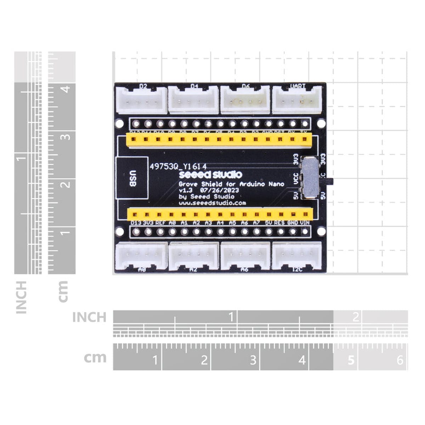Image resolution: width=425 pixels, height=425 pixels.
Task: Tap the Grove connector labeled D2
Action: pyautogui.click(x=141, y=101)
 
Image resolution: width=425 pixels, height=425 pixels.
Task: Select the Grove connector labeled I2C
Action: pyautogui.click(x=297, y=256)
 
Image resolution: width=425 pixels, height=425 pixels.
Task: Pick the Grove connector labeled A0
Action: pyautogui.click(x=141, y=256)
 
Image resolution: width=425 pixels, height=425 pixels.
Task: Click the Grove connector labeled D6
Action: pyautogui.click(x=245, y=101)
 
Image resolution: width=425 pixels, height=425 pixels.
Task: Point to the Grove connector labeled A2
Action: pyautogui.click(x=193, y=256)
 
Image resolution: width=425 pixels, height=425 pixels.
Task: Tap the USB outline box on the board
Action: pyautogui.click(x=132, y=178)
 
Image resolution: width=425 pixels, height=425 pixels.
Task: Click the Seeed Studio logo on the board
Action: pyautogui.click(x=210, y=175)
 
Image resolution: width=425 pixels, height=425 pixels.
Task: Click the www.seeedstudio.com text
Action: pyautogui.click(x=212, y=203)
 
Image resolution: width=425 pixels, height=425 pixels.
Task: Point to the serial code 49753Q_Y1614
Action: pyautogui.click(x=178, y=166)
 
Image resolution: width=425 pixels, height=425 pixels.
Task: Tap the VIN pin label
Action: pyautogui.click(x=305, y=223)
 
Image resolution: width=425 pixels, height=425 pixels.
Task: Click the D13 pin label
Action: pyautogui.click(x=136, y=223)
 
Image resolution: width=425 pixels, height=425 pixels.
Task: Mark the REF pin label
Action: pyautogui.click(x=160, y=223)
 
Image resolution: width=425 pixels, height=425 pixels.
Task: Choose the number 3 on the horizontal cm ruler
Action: pyautogui.click(x=253, y=360)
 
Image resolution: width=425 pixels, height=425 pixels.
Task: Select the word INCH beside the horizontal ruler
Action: pyautogui.click(x=89, y=317)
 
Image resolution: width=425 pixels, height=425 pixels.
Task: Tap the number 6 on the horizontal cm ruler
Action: pyautogui.click(x=400, y=360)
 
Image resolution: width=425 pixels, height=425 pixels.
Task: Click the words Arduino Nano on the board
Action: pyautogui.click(x=262, y=184)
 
